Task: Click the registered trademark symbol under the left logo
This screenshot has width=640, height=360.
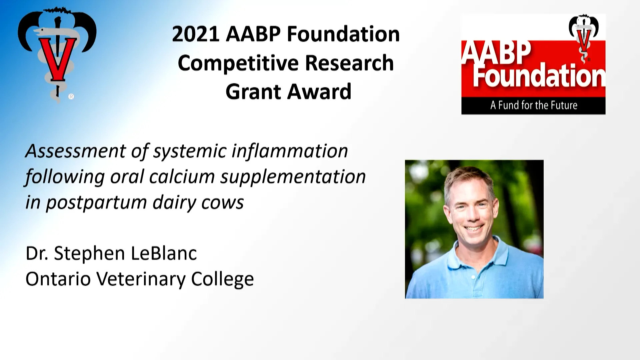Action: pyautogui.click(x=71, y=97)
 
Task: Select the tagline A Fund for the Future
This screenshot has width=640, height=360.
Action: pyautogui.click(x=533, y=106)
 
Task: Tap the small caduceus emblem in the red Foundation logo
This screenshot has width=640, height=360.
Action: pyautogui.click(x=583, y=37)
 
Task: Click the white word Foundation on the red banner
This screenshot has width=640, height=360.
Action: pyautogui.click(x=538, y=76)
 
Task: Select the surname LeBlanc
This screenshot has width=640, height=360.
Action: pyautogui.click(x=164, y=253)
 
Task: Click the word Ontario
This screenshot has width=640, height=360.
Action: pyautogui.click(x=58, y=279)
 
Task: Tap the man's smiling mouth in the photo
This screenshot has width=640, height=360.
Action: pyautogui.click(x=473, y=229)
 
